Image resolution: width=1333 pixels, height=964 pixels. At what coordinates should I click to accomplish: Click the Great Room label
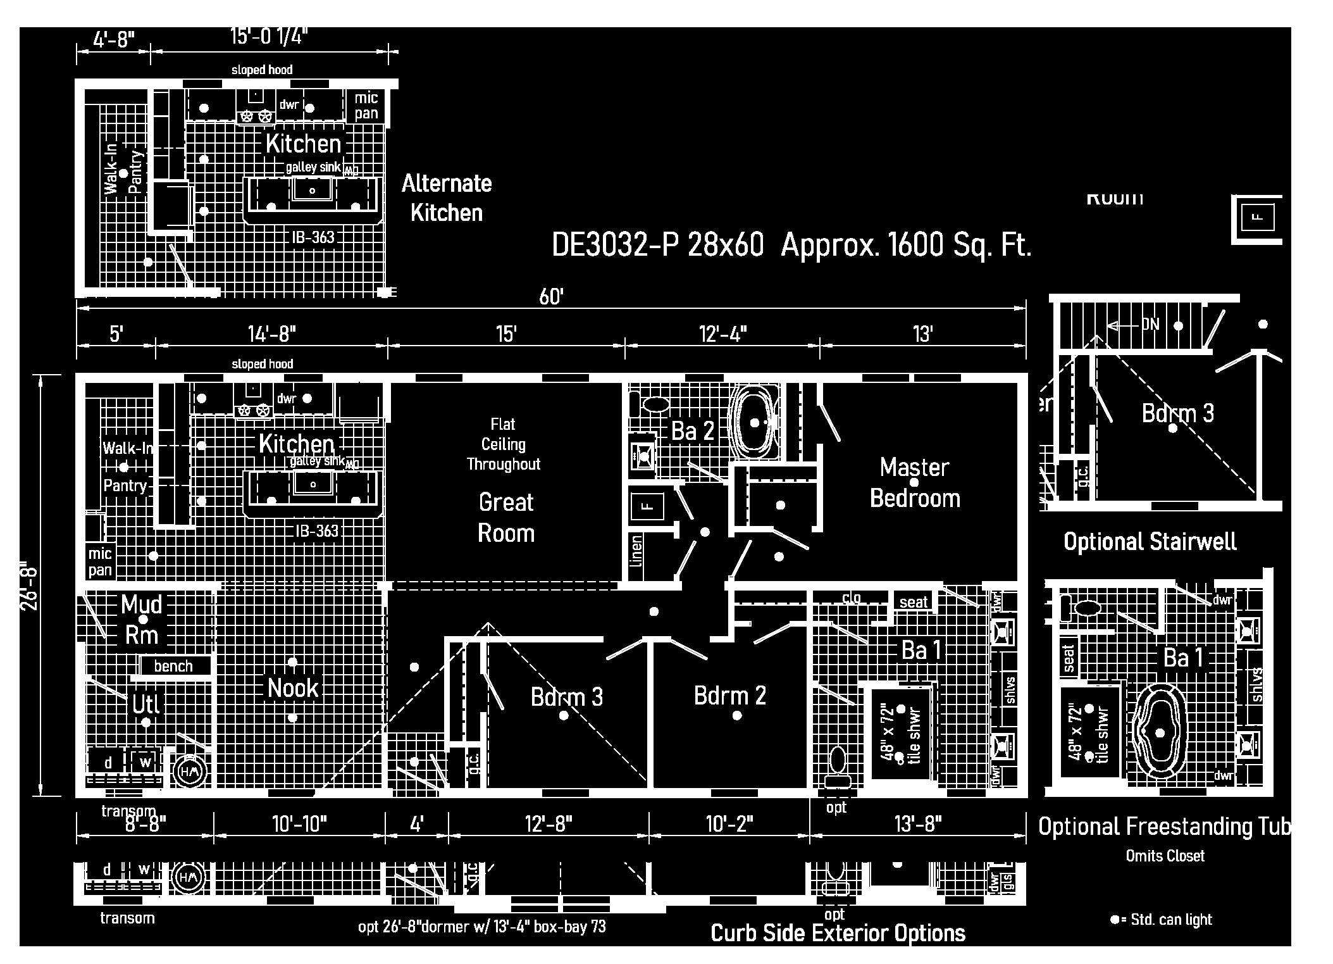pos(505,517)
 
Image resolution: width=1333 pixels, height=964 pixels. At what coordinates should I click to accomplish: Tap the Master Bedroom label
pos(915,482)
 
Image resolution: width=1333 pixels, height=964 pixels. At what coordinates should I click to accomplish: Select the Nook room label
pos(292,688)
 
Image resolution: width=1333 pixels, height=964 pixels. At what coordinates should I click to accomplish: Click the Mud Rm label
pos(142,619)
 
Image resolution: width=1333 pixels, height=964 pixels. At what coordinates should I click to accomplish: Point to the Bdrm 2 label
pos(730,696)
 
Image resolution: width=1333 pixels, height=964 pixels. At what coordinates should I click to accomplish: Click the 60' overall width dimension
pos(551,297)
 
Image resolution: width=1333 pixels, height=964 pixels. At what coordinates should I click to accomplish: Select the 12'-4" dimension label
pos(723,334)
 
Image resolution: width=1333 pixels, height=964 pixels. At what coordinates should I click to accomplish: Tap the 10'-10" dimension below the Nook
pos(299,824)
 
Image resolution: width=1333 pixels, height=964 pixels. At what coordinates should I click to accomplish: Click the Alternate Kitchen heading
pos(447,197)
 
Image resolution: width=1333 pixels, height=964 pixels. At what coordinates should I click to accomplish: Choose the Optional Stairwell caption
pos(1150,542)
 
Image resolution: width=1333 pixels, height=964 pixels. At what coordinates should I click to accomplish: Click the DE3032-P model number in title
pos(607,245)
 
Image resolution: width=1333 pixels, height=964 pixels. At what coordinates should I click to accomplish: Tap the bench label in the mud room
pos(173,666)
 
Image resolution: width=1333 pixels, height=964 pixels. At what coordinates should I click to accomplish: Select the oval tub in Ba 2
pos(754,422)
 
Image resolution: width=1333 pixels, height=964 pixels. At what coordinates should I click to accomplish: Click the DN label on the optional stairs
pos(1150,325)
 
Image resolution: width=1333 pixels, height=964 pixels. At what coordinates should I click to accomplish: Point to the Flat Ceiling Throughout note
pos(504,444)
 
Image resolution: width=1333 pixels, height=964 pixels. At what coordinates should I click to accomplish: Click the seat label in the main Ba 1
pos(913,602)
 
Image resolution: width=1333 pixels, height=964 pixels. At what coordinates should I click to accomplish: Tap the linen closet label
pos(637,550)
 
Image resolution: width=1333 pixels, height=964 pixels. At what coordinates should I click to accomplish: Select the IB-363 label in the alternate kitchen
pos(313,237)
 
